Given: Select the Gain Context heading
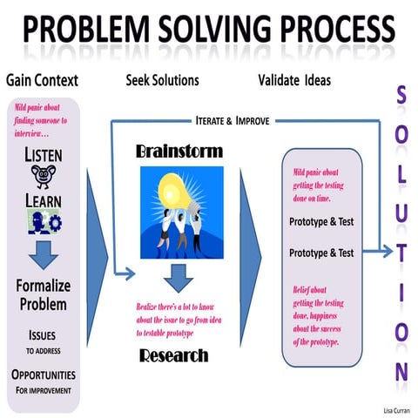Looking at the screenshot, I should coord(42,80).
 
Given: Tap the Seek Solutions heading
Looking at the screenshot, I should coord(162,80).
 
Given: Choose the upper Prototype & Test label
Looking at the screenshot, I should coord(320,221).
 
